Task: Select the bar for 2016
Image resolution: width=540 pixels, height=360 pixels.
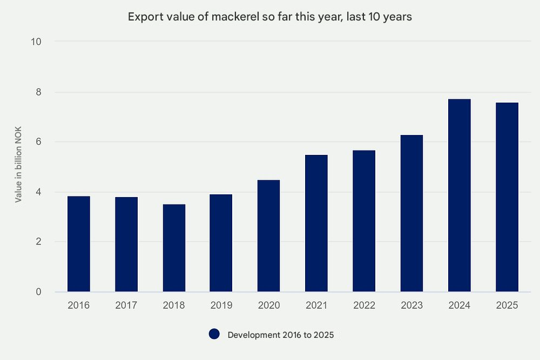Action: click(x=79, y=244)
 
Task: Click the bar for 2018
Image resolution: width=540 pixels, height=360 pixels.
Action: click(x=174, y=248)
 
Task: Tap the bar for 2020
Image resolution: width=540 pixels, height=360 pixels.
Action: click(x=269, y=236)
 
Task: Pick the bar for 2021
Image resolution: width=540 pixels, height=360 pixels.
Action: click(x=316, y=223)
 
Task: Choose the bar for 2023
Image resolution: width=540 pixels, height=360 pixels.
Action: click(x=411, y=213)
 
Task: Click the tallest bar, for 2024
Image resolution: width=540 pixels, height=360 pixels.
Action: click(x=459, y=195)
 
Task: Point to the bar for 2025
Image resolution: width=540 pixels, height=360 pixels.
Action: click(x=507, y=197)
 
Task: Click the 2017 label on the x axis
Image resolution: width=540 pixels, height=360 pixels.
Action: click(x=126, y=305)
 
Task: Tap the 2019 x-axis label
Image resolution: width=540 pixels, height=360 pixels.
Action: click(x=221, y=305)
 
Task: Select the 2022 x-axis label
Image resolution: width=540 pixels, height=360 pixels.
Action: click(x=364, y=305)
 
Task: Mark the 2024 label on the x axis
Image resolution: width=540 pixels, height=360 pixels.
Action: click(x=459, y=305)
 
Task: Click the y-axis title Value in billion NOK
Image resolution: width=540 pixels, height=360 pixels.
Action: click(x=18, y=167)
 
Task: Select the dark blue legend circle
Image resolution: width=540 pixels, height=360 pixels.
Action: click(x=214, y=335)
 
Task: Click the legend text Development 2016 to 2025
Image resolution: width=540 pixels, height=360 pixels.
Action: click(x=281, y=335)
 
